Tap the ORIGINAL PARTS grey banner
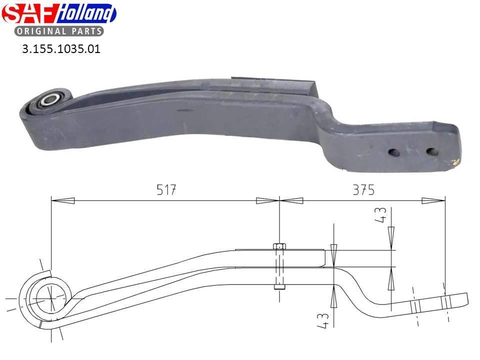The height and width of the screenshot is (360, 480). [59, 31]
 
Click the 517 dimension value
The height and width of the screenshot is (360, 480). [166, 190]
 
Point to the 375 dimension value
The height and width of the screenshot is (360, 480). [363, 190]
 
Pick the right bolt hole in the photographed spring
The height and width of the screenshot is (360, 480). [431, 151]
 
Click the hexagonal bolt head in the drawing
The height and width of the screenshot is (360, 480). [279, 246]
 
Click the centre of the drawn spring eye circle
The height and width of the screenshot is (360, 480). [50, 298]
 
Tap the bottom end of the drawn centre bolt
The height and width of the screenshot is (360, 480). [279, 287]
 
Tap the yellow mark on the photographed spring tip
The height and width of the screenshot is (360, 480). [455, 161]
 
